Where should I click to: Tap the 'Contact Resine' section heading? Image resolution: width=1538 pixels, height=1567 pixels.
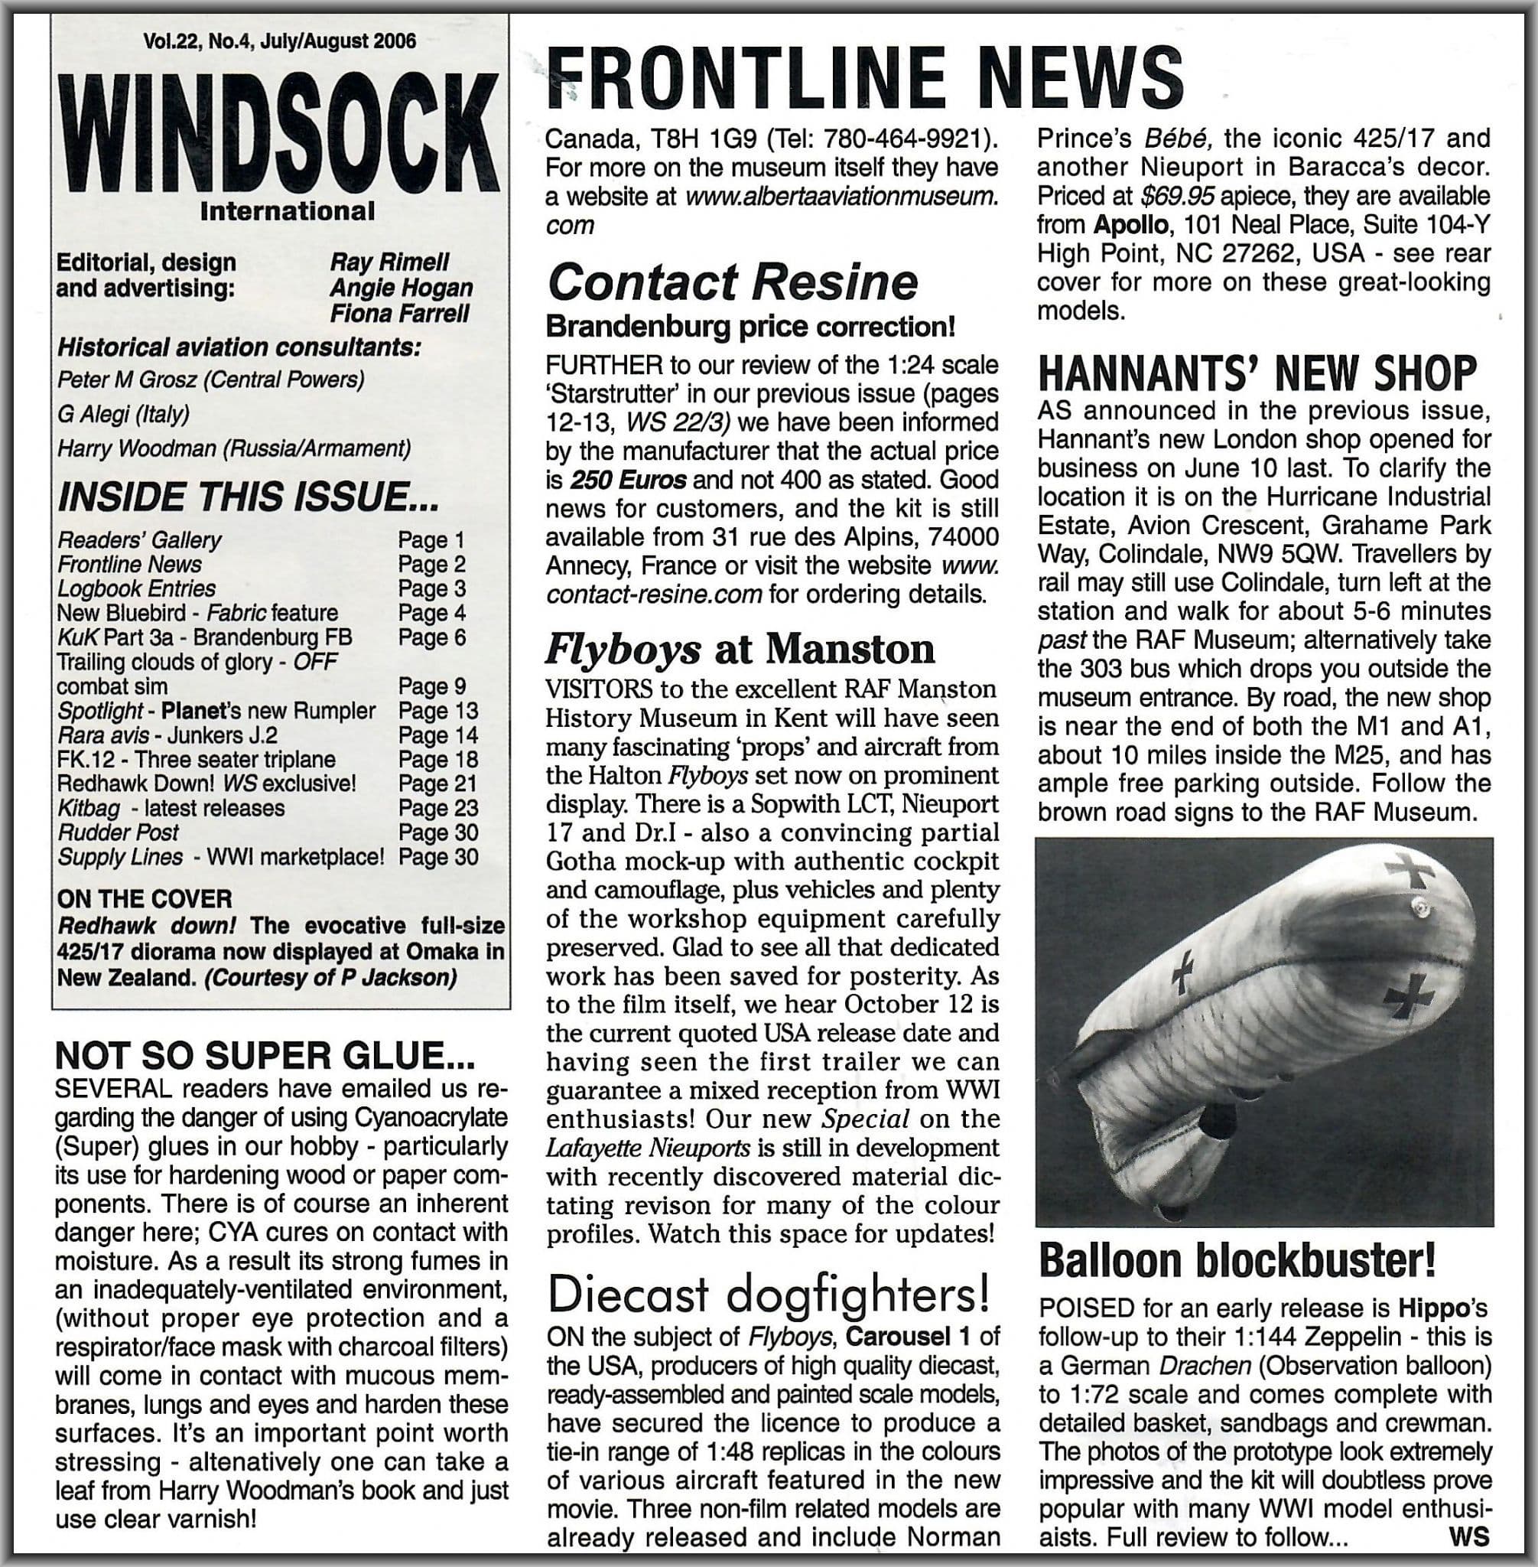tap(732, 282)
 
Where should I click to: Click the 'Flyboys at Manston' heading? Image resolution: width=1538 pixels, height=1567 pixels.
tap(739, 649)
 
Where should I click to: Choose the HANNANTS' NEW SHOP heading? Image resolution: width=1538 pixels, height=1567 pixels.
tap(1257, 373)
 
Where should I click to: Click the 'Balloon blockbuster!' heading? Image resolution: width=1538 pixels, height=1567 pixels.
tap(1237, 1259)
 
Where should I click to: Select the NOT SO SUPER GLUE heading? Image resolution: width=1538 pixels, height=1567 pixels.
tap(263, 1055)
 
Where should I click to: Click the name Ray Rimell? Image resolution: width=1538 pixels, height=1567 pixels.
tap(389, 262)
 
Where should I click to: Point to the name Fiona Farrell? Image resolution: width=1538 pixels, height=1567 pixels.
tap(400, 313)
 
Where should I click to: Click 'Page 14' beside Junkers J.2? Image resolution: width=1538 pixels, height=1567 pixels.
tap(437, 735)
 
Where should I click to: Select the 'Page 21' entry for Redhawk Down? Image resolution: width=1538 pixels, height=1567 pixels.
tap(437, 784)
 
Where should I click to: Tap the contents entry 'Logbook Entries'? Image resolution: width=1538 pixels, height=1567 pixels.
tap(136, 588)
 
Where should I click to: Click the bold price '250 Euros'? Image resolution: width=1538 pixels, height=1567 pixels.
tap(628, 480)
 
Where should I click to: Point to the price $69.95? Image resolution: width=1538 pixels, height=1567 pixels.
tap(1175, 197)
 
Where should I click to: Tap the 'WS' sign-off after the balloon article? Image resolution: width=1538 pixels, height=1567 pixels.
tap(1468, 1536)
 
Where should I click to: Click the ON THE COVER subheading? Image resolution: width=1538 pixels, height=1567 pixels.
tap(145, 899)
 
